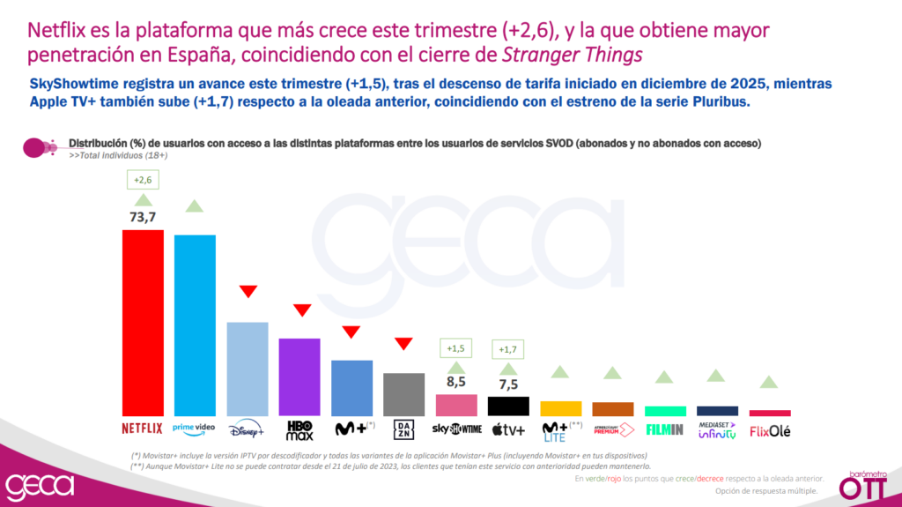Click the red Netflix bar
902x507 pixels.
tap(142, 323)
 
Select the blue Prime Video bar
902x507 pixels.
tap(195, 325)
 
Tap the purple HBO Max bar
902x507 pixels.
tap(299, 377)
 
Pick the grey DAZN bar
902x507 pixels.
tap(403, 394)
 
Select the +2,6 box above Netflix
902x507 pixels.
tap(142, 180)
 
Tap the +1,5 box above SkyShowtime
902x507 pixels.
tap(456, 347)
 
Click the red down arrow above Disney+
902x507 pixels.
tap(248, 292)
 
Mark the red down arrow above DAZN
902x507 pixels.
tap(404, 344)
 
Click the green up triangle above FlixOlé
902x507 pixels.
tap(769, 382)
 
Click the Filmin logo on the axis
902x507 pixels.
tap(665, 430)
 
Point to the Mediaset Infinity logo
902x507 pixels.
tap(717, 429)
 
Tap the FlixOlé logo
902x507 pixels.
tap(769, 431)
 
